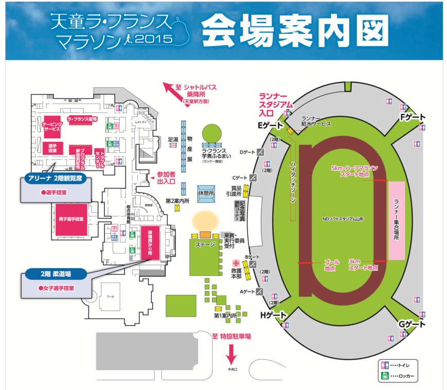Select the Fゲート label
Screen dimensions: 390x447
coord(413,117)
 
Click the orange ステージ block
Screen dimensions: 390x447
coord(205,234)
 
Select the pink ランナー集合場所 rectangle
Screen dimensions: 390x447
coord(397,220)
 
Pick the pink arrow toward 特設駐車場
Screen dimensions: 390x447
coord(230,354)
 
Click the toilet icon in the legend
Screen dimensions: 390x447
coord(385,365)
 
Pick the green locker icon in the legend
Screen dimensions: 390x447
coord(385,377)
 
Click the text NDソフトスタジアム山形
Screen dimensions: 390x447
coord(343,218)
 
